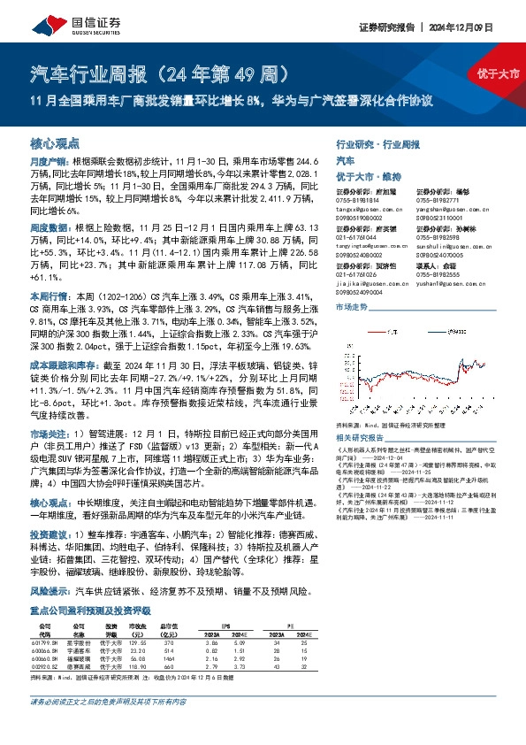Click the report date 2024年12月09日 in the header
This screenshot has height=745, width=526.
click(482, 26)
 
